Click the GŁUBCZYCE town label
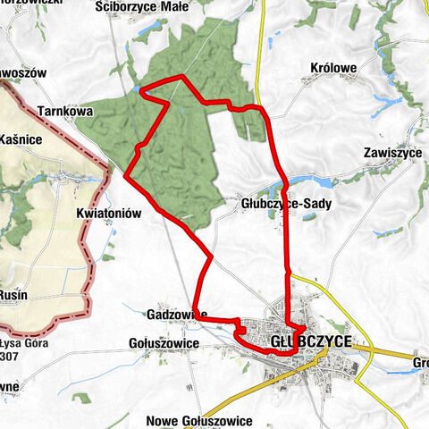(310, 341)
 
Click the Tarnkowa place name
(66, 112)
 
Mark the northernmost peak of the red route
(182, 77)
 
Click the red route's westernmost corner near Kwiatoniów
(126, 175)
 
